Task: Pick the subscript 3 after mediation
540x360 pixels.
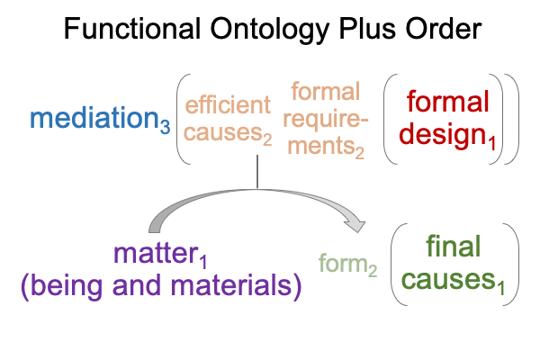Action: [x=165, y=127]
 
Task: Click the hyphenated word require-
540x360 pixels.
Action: [x=325, y=119]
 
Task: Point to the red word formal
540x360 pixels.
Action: [x=447, y=101]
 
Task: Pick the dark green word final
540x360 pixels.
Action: [x=453, y=246]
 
